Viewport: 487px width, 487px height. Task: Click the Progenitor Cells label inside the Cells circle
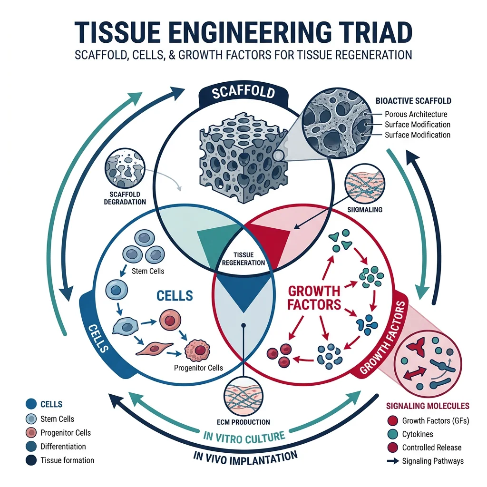[x=198, y=368]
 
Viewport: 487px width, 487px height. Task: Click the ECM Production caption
[x=243, y=422]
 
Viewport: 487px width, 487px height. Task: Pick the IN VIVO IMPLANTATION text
[x=246, y=456]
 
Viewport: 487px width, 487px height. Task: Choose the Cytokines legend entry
[x=418, y=434]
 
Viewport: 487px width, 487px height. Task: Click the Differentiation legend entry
[x=63, y=447]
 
